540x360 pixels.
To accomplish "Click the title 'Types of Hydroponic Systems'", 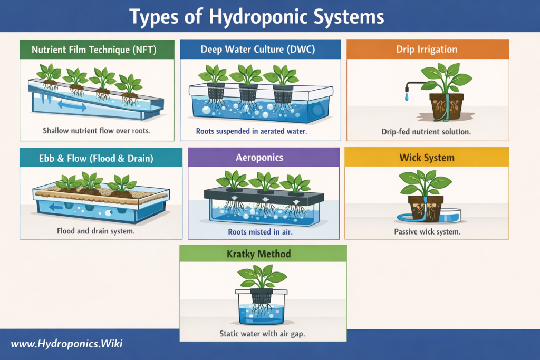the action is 257,16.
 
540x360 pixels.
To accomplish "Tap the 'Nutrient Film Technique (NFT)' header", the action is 94,50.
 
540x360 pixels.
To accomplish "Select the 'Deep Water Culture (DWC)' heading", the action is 258,49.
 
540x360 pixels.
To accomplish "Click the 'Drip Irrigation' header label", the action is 427,49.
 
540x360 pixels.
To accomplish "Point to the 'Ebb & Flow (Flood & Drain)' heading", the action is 96,158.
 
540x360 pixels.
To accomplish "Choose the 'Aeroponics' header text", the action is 259,158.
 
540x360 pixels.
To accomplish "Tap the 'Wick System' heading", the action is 427,158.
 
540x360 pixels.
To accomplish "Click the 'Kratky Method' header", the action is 258,254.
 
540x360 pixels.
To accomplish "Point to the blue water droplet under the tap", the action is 407,97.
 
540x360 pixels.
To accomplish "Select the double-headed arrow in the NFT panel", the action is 72,105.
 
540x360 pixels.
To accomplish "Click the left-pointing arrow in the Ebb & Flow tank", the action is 56,207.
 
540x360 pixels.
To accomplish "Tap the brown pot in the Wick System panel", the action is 426,209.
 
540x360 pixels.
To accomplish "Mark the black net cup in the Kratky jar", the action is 262,296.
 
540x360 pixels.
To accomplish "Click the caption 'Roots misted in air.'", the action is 260,232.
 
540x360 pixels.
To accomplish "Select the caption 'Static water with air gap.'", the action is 263,334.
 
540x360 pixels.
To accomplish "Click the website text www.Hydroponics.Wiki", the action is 67,344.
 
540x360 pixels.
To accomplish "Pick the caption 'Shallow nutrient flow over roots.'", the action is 97,131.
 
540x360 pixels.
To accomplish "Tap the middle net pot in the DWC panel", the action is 248,92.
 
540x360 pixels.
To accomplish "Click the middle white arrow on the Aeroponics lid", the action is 265,200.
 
